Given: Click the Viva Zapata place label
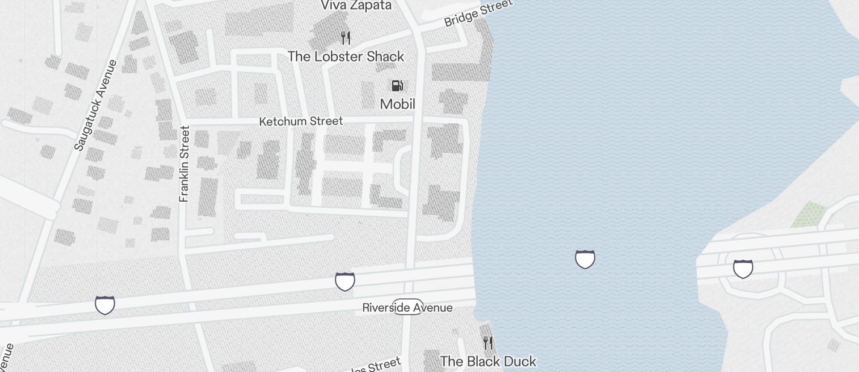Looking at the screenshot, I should [x=356, y=5].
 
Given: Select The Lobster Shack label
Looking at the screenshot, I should [x=346, y=57].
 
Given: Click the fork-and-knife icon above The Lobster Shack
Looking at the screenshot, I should [x=346, y=38].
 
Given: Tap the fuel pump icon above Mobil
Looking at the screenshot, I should [x=397, y=86].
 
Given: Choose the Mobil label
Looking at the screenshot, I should [x=398, y=104].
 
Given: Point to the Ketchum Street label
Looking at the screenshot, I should [x=300, y=121].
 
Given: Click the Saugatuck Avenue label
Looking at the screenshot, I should [x=96, y=105].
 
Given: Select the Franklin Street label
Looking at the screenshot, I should [x=185, y=164].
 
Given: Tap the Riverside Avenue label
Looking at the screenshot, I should [x=407, y=307].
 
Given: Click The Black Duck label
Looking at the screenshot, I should [x=488, y=361].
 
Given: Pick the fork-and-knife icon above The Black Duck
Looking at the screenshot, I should [x=488, y=343].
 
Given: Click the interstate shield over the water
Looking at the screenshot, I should [x=585, y=259].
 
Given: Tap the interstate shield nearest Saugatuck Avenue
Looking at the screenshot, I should [x=105, y=305].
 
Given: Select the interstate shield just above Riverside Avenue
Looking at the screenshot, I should [x=345, y=281].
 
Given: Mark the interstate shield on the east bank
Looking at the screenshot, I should [x=743, y=268].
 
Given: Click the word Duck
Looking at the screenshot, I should [x=516, y=361].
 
